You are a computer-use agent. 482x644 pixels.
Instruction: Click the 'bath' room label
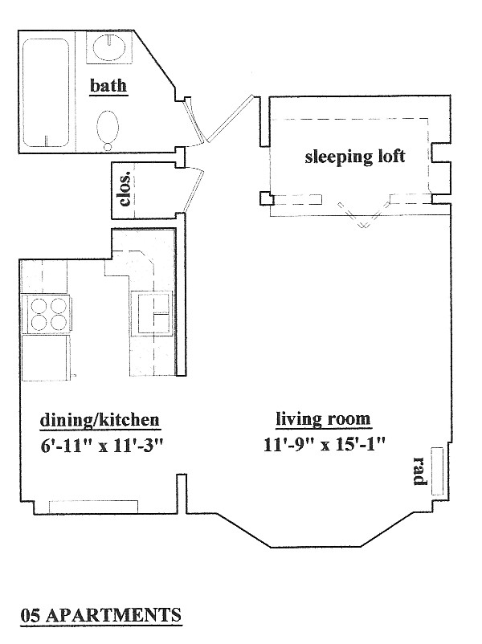coord(108,86)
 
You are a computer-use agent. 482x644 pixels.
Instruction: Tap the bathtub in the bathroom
coord(46,92)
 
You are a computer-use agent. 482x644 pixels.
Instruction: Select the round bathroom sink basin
coord(109,47)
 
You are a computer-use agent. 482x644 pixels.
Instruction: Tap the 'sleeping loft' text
coord(354,157)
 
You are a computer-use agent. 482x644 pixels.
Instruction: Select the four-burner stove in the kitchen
coord(48,313)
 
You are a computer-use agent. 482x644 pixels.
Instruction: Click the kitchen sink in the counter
coord(150,314)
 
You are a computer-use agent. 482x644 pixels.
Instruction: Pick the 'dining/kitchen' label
coord(100,420)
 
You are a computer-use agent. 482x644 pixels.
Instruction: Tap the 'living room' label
coord(323,419)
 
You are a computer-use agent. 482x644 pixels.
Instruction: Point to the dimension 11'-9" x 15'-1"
coord(325,444)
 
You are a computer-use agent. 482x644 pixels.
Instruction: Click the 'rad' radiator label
coord(420,471)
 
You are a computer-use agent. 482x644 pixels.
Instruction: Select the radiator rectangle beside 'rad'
coord(437,471)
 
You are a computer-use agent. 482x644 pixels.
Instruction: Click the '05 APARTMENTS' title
coord(100,615)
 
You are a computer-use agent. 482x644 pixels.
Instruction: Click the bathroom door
coord(194,120)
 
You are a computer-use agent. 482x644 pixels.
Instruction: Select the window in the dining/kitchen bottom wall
coord(93,507)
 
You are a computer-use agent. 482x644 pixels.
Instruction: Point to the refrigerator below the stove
coord(47,358)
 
